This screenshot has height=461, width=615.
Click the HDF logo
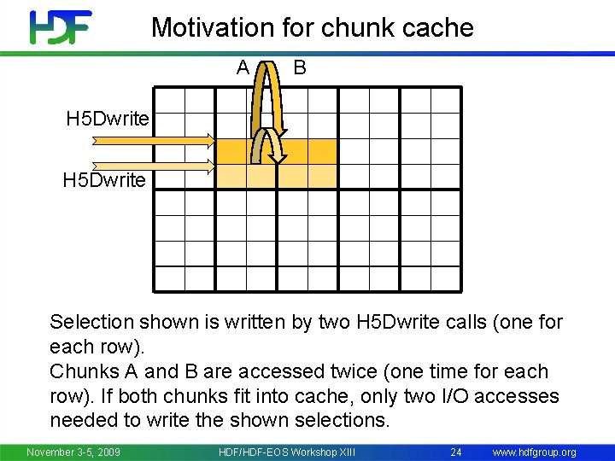(x=60, y=26)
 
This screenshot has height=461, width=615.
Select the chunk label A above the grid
(x=243, y=67)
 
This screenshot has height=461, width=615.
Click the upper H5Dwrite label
(x=108, y=119)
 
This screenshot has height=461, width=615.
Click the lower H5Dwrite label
(x=104, y=181)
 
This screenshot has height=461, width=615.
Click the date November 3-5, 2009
(x=73, y=452)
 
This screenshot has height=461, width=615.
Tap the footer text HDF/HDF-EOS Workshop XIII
(x=287, y=452)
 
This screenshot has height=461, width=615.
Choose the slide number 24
(x=455, y=452)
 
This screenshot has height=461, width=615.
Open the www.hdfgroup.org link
(x=535, y=452)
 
